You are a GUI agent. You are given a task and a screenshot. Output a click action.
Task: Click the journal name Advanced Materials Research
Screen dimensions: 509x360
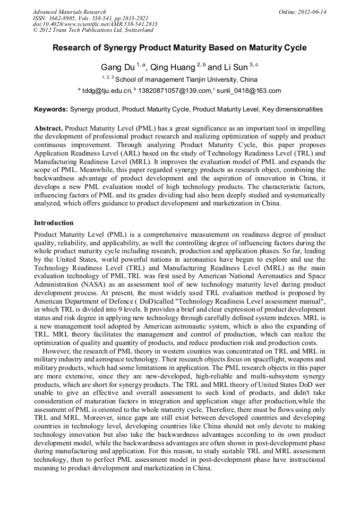[69, 12]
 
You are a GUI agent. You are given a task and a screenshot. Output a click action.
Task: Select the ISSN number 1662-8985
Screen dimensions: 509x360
[65, 18]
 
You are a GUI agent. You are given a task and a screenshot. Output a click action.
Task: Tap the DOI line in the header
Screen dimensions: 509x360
[95, 24]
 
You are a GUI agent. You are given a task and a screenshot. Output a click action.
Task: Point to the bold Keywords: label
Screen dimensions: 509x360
[51, 109]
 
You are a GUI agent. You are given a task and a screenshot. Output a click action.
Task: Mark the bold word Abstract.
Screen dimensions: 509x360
[49, 129]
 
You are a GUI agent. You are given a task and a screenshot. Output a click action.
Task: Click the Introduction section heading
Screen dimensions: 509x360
[54, 223]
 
